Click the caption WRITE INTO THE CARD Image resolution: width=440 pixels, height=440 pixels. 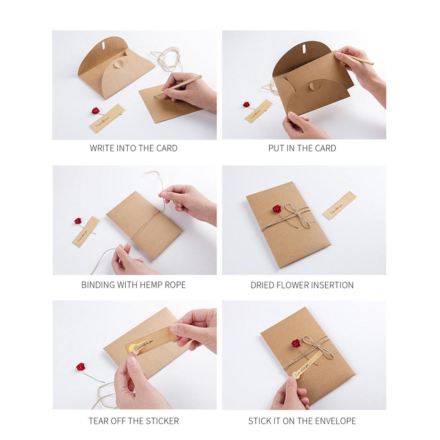point(133,148)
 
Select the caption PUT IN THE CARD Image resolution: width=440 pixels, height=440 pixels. point(302,148)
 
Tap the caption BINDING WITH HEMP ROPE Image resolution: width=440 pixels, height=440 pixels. point(133,285)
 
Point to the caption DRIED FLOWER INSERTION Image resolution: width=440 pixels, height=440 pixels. point(302,285)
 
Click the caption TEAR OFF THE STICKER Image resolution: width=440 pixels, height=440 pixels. point(134,421)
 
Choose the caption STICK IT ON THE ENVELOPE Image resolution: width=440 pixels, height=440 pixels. point(302,421)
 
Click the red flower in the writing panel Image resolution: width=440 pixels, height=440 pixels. point(95,111)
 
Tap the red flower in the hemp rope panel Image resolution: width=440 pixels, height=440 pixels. point(78,221)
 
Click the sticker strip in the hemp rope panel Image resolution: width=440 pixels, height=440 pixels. point(86,232)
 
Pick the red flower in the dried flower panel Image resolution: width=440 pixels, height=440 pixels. point(276,209)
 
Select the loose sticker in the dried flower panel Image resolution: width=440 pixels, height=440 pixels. point(339,205)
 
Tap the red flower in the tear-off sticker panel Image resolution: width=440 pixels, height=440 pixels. point(80,367)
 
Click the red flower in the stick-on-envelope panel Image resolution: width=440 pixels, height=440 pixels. point(296,343)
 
